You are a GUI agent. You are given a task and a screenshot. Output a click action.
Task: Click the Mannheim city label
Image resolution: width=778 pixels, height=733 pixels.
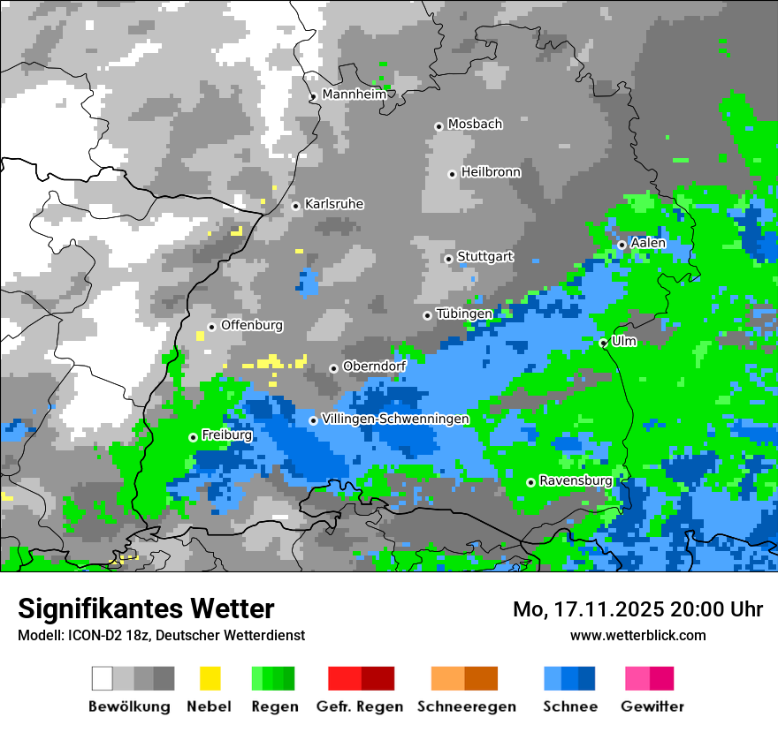point(355,94)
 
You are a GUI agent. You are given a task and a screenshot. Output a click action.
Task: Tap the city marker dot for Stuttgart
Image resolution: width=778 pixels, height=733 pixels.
point(448,259)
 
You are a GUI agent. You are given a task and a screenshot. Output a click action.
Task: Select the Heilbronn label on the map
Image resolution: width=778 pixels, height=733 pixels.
point(491,172)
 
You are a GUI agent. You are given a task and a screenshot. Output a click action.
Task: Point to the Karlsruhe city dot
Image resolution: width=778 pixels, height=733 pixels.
point(296,206)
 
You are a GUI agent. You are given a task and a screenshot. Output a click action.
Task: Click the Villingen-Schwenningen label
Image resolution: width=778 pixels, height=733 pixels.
point(394,419)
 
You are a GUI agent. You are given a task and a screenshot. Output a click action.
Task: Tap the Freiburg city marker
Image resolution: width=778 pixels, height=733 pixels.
point(193,437)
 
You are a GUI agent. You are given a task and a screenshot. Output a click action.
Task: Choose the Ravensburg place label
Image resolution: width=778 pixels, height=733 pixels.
point(576,480)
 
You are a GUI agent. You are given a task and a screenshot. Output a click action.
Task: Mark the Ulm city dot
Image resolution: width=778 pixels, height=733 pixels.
point(603,343)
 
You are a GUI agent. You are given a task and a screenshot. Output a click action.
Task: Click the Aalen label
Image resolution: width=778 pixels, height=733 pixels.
point(648,243)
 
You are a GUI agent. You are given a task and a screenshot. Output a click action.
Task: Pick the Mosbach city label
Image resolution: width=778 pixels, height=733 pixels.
point(475,125)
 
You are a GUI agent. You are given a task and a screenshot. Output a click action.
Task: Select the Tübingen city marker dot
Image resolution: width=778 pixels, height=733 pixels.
point(427,315)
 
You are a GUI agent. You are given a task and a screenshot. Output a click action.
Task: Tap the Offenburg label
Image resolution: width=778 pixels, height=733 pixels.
point(252,325)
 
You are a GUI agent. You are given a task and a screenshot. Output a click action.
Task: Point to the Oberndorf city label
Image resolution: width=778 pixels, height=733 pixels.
point(374,366)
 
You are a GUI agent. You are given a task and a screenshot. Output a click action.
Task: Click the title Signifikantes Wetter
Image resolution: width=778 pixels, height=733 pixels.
point(146,608)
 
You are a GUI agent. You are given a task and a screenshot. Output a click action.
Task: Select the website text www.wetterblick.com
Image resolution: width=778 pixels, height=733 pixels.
point(637,635)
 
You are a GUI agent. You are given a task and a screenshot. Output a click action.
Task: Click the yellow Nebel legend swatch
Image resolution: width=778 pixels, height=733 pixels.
point(210,678)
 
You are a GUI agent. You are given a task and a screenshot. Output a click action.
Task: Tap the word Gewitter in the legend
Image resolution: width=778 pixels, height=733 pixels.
point(652,707)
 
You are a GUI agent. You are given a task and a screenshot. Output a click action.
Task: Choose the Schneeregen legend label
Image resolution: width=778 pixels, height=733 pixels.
point(466,707)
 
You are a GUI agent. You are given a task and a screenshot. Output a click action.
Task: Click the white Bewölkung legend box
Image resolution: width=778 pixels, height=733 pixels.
point(103,678)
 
